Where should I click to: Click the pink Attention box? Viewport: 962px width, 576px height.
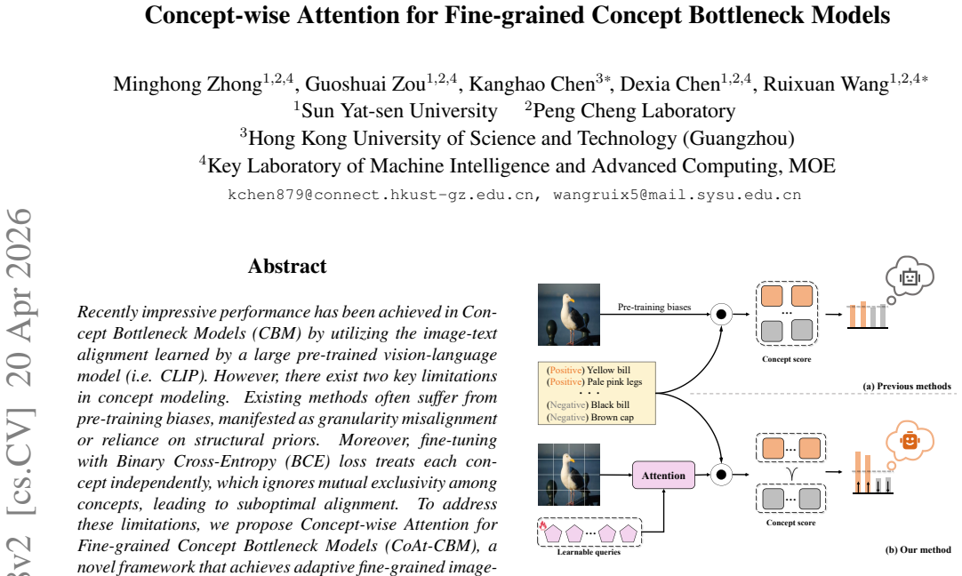(x=663, y=476)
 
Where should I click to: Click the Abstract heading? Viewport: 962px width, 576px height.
(x=287, y=267)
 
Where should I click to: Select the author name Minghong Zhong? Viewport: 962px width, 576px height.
(x=188, y=84)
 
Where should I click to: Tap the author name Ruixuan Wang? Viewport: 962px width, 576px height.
(x=826, y=84)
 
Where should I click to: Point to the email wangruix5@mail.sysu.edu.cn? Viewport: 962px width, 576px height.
(x=677, y=195)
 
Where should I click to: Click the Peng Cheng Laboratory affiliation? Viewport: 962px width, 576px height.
(x=635, y=111)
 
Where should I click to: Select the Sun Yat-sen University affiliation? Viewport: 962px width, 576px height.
(x=399, y=111)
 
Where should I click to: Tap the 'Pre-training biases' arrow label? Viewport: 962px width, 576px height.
(x=654, y=307)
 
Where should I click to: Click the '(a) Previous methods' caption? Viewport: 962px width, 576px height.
(x=907, y=387)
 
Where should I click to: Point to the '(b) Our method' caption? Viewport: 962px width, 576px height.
(x=918, y=549)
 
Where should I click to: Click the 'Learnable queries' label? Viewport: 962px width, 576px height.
(x=589, y=552)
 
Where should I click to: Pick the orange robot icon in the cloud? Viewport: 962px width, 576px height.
(x=910, y=440)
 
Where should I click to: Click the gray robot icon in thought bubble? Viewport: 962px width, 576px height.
(x=910, y=277)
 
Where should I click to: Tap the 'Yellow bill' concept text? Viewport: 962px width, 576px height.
(x=609, y=370)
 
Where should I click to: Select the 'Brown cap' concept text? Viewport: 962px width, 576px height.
(x=613, y=417)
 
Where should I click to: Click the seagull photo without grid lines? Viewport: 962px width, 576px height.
(x=569, y=315)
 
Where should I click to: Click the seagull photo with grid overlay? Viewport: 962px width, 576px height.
(x=569, y=475)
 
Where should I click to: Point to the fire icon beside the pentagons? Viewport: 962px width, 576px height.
(x=543, y=525)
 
